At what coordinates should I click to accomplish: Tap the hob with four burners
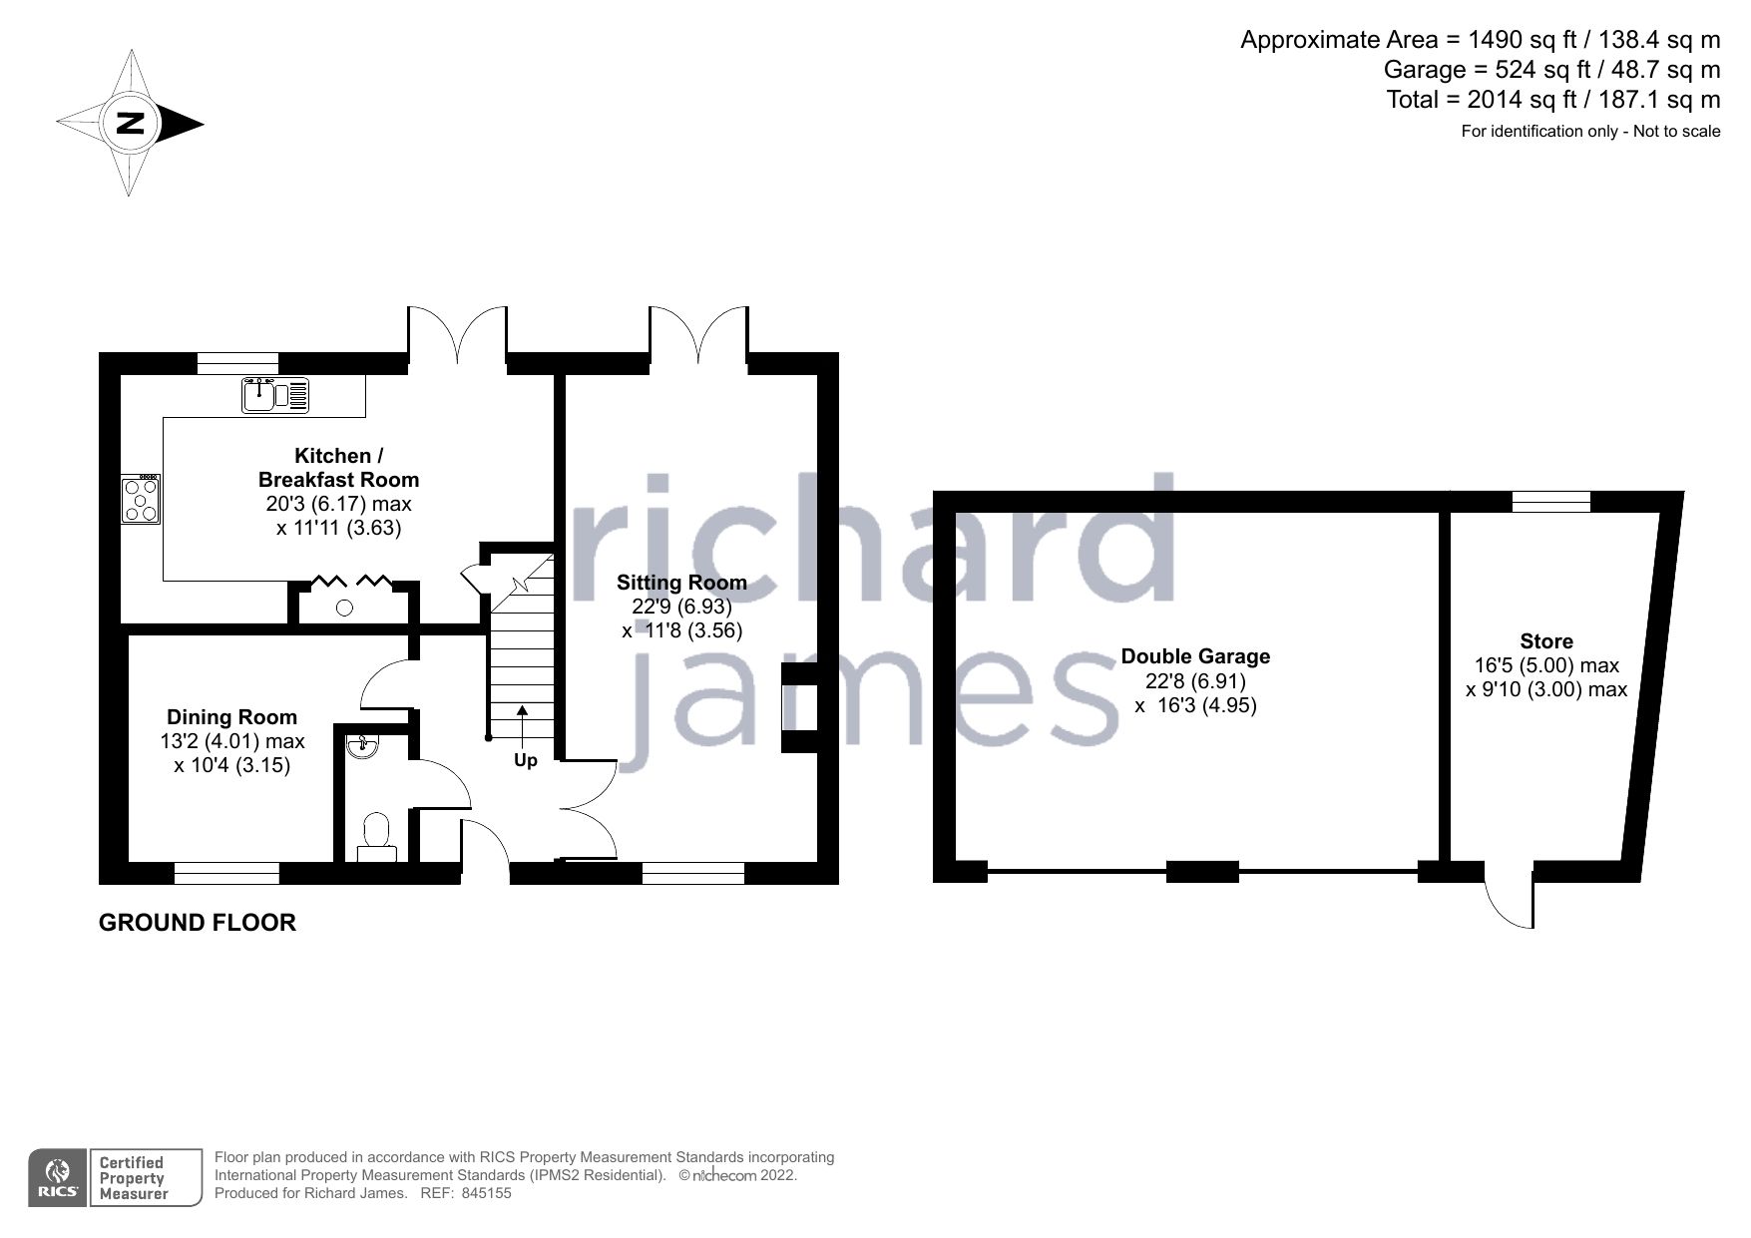point(140,500)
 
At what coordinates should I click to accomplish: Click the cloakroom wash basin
point(359,745)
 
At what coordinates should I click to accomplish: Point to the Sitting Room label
point(681,583)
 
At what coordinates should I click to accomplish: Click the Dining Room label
point(231,717)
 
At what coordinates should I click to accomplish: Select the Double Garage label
point(1195,656)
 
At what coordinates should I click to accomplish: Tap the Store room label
point(1546,641)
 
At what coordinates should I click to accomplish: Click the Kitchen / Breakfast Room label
point(338,467)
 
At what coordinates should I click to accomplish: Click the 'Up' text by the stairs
point(525,760)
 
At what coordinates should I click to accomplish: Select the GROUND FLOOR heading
point(198,923)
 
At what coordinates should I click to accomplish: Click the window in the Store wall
point(1550,501)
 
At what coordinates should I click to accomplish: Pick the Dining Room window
point(226,874)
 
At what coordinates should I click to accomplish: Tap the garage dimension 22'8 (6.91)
point(1195,681)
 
